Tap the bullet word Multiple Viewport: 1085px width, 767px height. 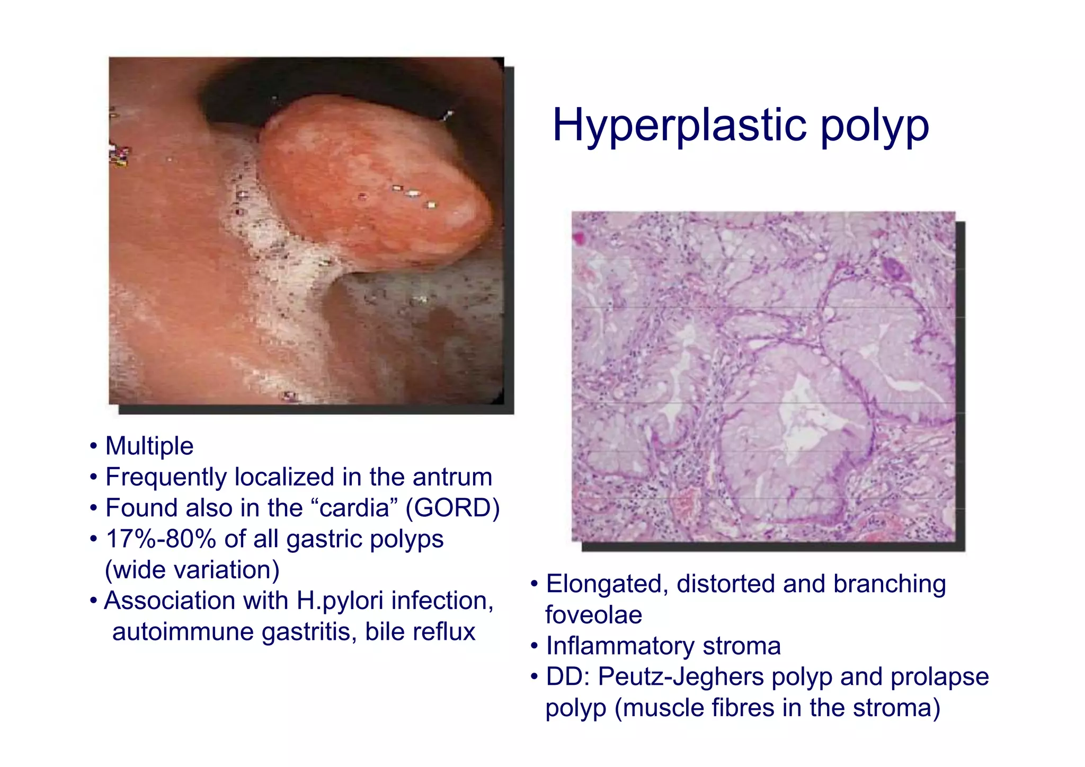(149, 446)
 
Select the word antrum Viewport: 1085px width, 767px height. (452, 477)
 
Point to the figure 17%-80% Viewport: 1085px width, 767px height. (161, 539)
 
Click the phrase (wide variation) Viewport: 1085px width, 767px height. (192, 570)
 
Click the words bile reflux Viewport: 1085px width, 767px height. (420, 632)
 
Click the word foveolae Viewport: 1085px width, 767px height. (593, 615)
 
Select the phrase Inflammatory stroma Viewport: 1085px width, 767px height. (663, 646)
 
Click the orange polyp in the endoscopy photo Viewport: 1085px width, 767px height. (371, 186)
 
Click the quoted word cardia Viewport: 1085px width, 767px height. (355, 508)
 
